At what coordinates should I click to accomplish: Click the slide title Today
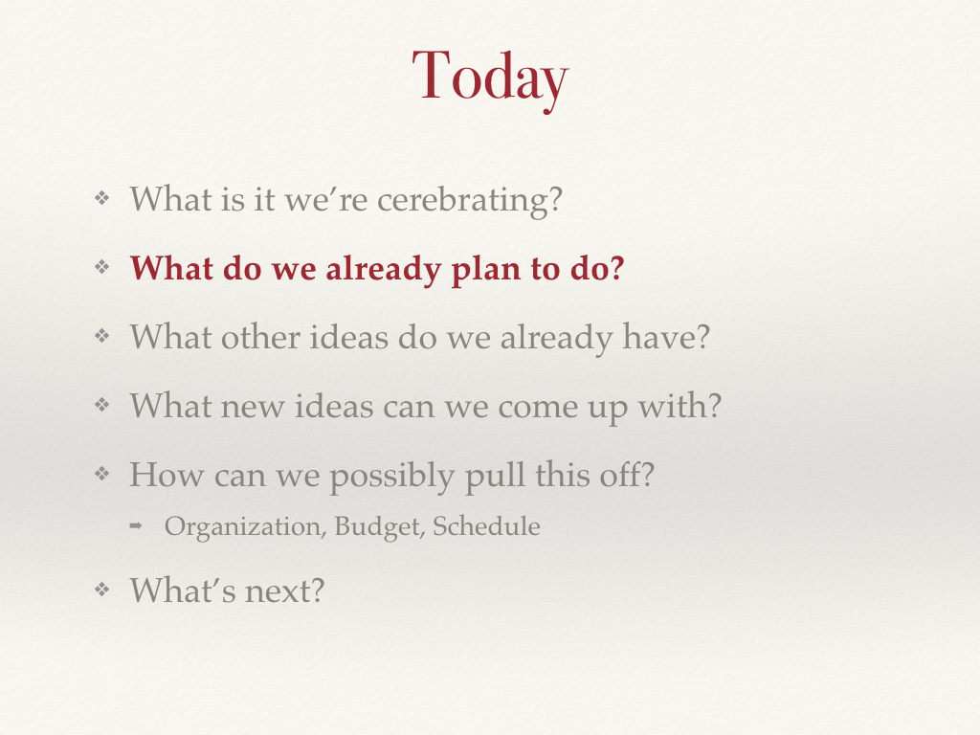[x=490, y=78]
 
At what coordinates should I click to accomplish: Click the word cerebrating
[x=470, y=201]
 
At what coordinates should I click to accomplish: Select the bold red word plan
[x=486, y=270]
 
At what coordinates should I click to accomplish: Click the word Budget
[x=380, y=527]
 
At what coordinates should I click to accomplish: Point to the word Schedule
[x=486, y=526]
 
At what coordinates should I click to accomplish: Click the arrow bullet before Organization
[x=136, y=526]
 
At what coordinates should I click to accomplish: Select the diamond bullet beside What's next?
[x=101, y=590]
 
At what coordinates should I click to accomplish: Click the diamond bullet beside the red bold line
[x=101, y=268]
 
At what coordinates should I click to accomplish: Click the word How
[x=167, y=475]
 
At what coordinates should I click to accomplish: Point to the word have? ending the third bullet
[x=666, y=337]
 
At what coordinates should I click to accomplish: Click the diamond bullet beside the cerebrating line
[x=101, y=199]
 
